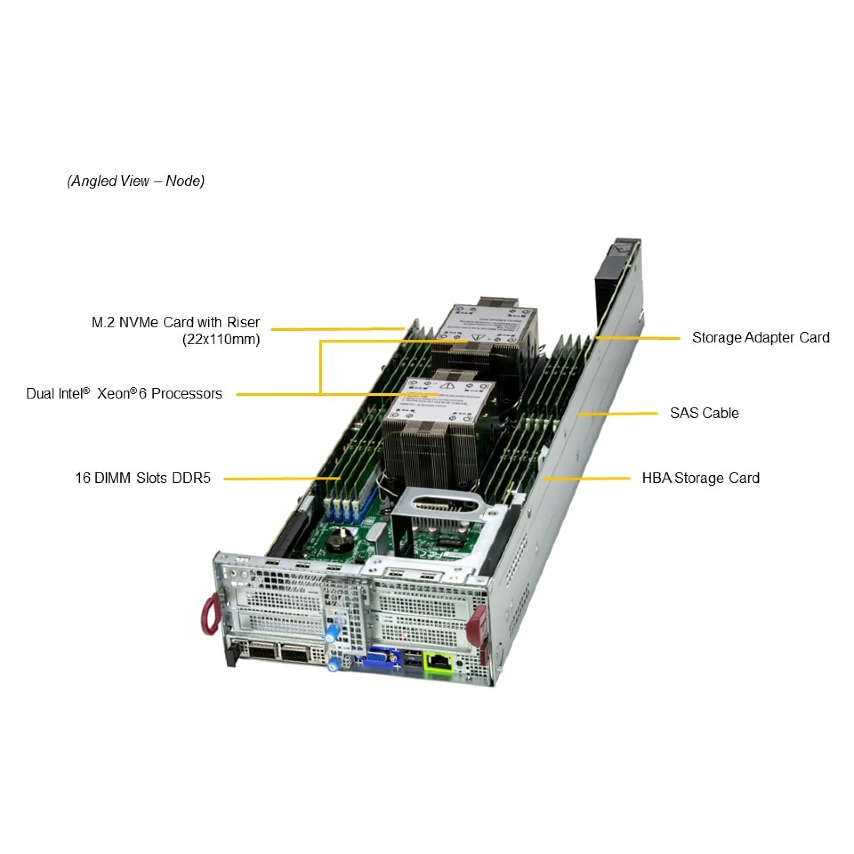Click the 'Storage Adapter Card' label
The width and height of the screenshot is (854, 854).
point(760,338)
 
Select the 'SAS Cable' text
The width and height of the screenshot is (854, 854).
point(704,413)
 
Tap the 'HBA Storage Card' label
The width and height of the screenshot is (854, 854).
point(701,478)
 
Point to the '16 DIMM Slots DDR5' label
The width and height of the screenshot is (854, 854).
point(143,478)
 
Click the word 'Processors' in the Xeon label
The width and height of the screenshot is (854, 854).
point(186,394)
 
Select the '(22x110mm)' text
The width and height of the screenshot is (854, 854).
point(221,340)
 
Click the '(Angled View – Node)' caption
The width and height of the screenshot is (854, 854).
point(136,181)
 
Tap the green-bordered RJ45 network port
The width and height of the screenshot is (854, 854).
point(439,661)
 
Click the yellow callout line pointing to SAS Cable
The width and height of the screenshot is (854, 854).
point(618,414)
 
